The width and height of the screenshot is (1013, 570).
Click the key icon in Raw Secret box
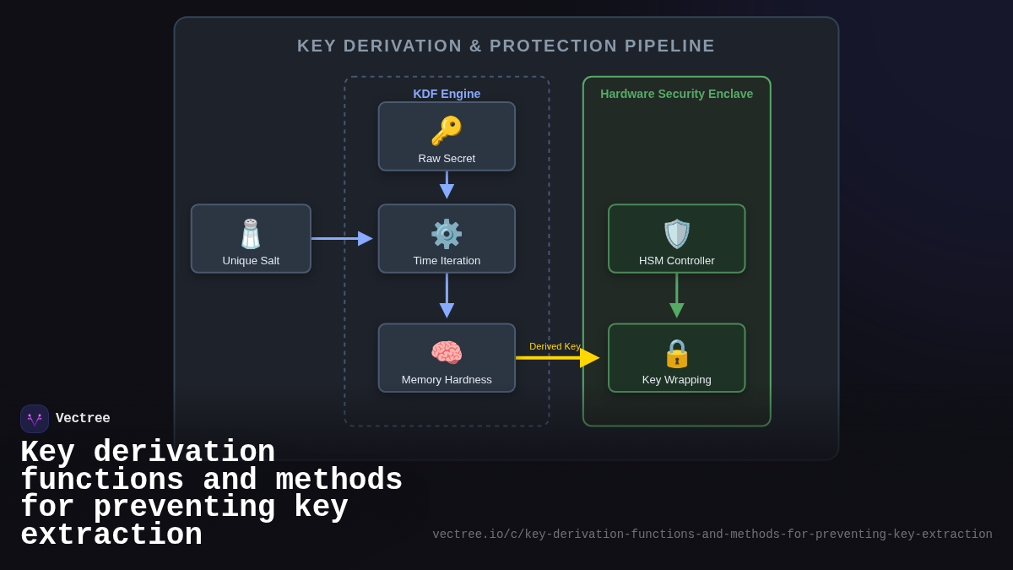[x=447, y=131]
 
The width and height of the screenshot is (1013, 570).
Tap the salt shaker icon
[x=251, y=234]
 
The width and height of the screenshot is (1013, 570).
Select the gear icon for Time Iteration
[x=447, y=234]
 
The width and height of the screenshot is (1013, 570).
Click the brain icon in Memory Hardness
[x=447, y=353]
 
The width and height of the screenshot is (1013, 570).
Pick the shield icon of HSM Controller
[x=677, y=234]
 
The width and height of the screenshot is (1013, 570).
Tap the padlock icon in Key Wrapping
[x=677, y=353]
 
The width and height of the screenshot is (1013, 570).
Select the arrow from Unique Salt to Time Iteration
[x=341, y=238]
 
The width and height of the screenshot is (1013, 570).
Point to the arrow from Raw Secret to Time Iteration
[x=447, y=186]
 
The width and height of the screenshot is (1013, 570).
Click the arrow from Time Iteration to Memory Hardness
[x=447, y=298]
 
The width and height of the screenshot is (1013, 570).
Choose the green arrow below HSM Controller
[x=677, y=298]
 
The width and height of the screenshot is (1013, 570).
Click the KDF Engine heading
[x=447, y=94]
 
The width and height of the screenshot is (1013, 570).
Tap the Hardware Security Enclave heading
[x=677, y=94]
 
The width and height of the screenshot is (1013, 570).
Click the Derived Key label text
[x=555, y=346]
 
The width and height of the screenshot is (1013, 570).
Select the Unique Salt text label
[x=251, y=260]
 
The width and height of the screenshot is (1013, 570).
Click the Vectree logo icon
[x=35, y=419]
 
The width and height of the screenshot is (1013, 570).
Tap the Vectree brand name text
[x=83, y=419]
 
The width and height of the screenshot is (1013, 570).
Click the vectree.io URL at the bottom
[x=712, y=535]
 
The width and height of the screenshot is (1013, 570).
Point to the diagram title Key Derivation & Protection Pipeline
[x=506, y=46]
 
